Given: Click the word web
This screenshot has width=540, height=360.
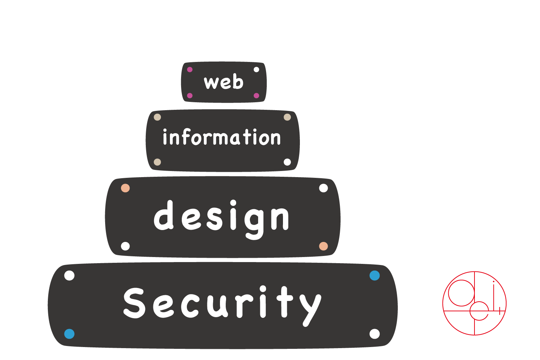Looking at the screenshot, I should [x=224, y=82].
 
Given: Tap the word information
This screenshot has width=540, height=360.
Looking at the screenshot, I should [x=221, y=138].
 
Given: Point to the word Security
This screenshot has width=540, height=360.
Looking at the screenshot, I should [x=222, y=303].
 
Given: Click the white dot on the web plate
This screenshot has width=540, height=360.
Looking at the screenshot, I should [x=256, y=69].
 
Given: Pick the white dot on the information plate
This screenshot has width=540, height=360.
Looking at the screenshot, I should [x=287, y=162].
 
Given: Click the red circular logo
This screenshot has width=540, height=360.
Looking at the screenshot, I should [x=474, y=303].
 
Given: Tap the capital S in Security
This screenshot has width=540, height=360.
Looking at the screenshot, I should [x=134, y=303].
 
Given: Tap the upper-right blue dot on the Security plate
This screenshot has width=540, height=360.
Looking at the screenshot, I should [x=375, y=275].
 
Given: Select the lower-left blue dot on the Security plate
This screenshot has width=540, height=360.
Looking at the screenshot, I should [x=69, y=334].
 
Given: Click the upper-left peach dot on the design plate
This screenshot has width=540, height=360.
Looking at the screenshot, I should [x=125, y=188].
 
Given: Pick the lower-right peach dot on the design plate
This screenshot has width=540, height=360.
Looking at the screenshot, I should [x=324, y=246].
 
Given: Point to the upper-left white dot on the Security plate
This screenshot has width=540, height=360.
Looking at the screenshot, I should [x=69, y=275].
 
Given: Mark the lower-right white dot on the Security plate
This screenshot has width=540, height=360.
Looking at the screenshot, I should [x=375, y=334].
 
